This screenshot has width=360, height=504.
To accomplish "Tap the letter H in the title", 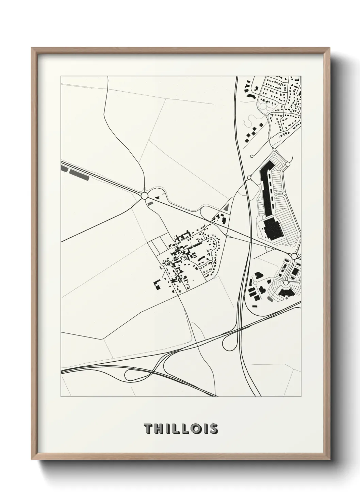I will point(160,429).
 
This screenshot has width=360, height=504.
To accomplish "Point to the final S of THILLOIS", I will point(214,429).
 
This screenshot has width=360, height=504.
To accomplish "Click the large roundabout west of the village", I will point(144,196).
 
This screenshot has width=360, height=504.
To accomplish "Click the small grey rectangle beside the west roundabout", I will point(150,203).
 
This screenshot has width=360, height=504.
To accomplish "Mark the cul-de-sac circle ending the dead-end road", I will point(252,156).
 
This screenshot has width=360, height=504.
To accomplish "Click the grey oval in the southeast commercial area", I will point(270,299).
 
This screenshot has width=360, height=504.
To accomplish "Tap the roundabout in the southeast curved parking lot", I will point(285,282).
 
